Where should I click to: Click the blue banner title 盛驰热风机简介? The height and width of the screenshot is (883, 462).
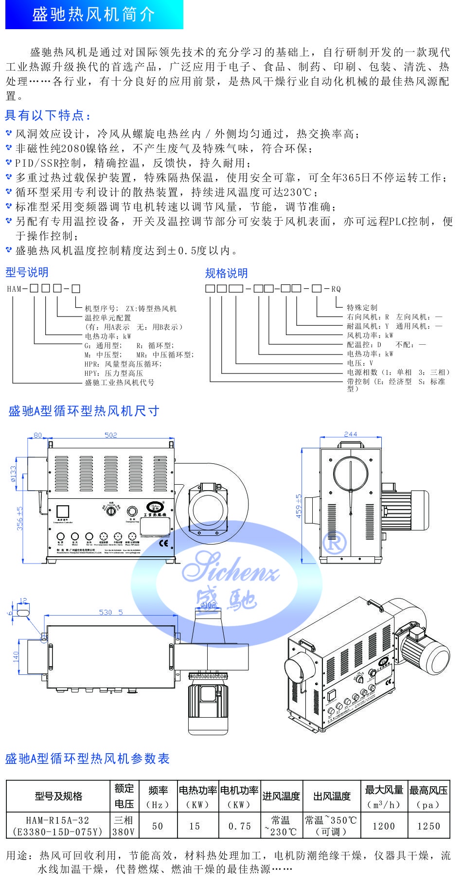94,15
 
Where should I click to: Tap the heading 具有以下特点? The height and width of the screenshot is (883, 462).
48,115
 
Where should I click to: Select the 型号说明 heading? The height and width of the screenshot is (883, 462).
27,272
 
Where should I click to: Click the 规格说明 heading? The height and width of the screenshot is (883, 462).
226,273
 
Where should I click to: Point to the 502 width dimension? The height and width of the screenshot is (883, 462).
111,435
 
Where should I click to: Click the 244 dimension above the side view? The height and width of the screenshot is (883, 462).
350,434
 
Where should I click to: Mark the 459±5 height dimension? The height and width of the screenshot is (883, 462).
299,506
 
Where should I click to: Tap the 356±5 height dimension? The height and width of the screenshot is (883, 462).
19,518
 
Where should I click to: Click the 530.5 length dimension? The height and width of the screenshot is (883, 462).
111,612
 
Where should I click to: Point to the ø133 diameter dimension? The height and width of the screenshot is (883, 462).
13,474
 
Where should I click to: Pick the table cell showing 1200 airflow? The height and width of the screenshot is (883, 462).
384,826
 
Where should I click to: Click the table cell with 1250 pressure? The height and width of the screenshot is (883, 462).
428,826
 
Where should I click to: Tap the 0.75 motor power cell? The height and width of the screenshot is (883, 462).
239,826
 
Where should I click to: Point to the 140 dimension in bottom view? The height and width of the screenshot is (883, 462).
16,656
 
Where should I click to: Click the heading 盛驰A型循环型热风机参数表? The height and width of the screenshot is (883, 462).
88,759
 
